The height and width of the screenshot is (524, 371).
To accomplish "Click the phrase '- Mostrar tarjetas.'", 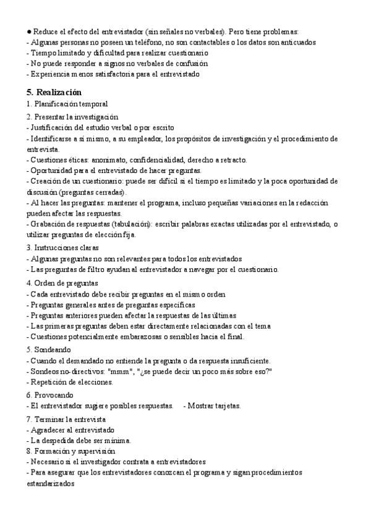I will pyautogui.click(x=212, y=406).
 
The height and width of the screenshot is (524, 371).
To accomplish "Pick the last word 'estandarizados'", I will pyautogui.click(x=49, y=484).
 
